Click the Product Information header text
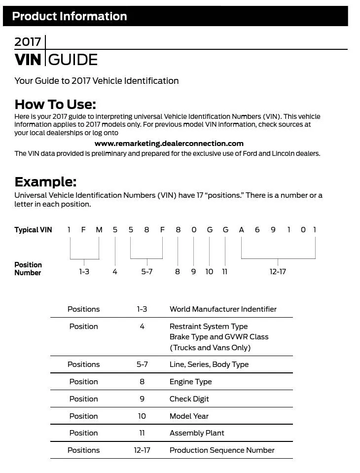tap(69, 16)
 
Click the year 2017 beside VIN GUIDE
tap(28, 42)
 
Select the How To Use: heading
tap(55, 104)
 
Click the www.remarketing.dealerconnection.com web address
tap(169, 144)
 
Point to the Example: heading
tap(45, 182)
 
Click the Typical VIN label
tap(33, 230)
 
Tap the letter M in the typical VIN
tap(99, 230)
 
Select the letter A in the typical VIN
tap(241, 230)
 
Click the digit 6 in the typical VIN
tap(257, 230)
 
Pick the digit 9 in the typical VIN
tap(273, 230)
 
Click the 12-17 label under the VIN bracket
tap(278, 272)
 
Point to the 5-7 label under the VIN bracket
tap(146, 272)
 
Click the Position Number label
tap(28, 269)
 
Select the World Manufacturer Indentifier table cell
tap(223, 309)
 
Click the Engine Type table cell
tap(190, 382)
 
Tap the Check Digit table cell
tap(189, 399)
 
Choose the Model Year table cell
tap(189, 416)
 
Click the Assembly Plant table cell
tap(197, 433)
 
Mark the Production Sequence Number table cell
tap(222, 450)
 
